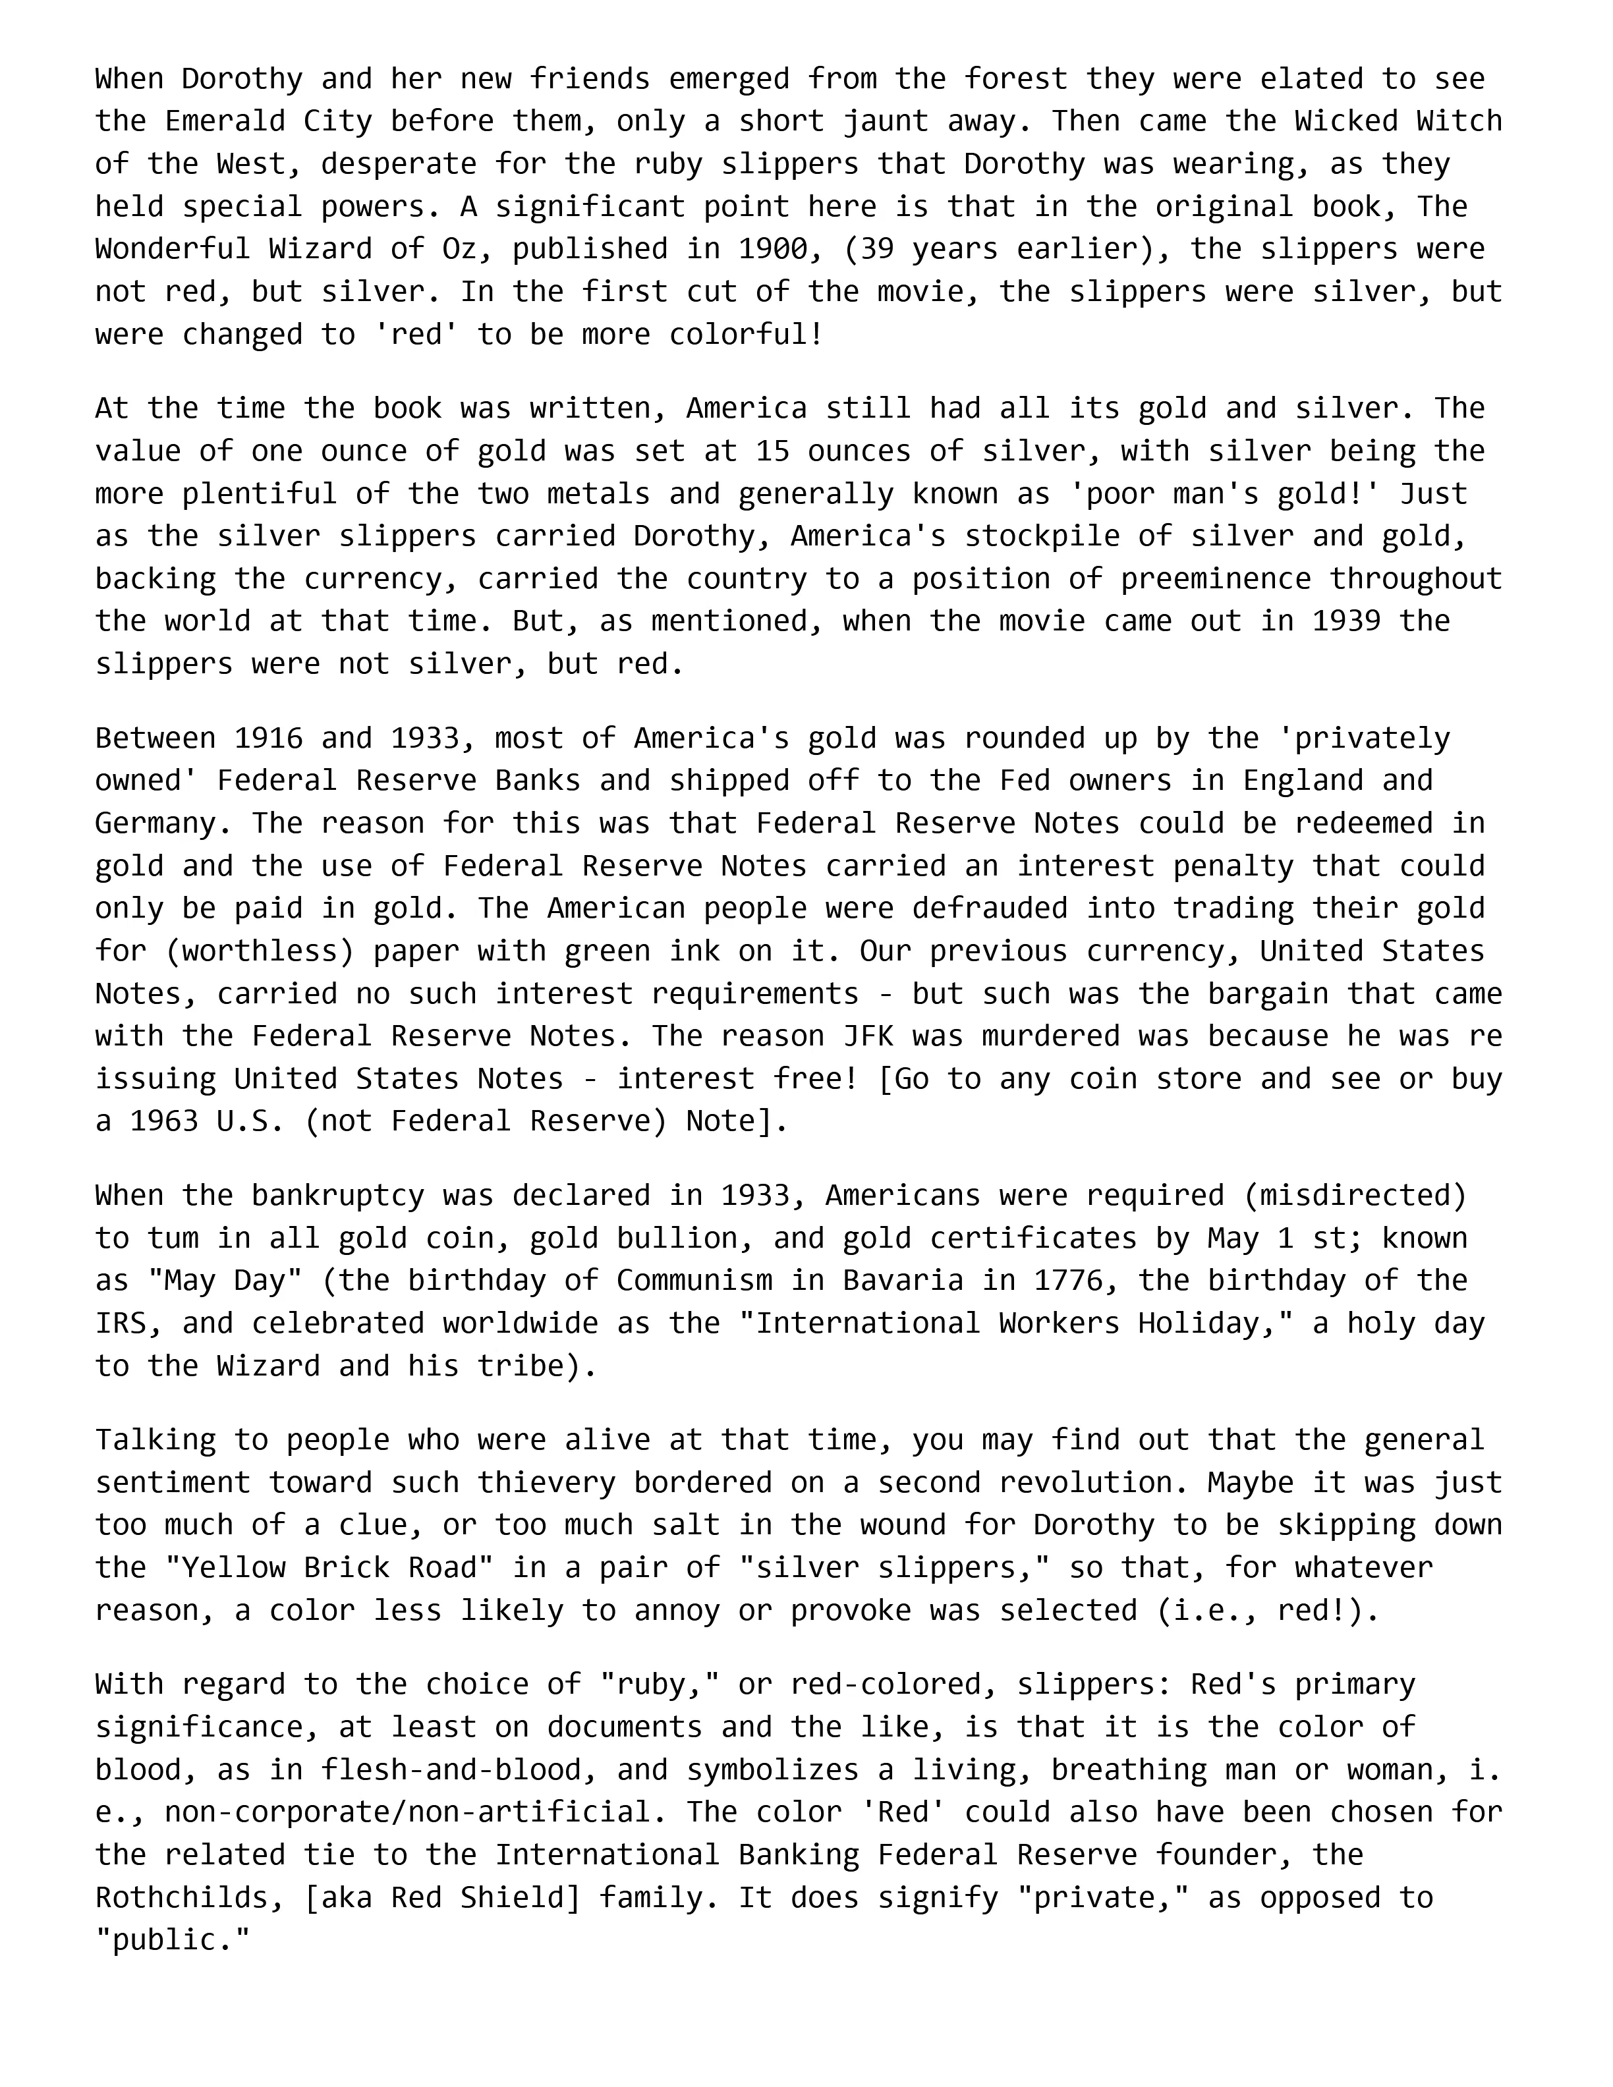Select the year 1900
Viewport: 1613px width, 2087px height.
(772, 248)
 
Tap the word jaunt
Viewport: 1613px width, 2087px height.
(885, 121)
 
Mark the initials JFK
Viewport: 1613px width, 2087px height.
(868, 1036)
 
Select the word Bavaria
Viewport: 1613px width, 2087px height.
(902, 1281)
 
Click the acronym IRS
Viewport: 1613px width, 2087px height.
(121, 1323)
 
